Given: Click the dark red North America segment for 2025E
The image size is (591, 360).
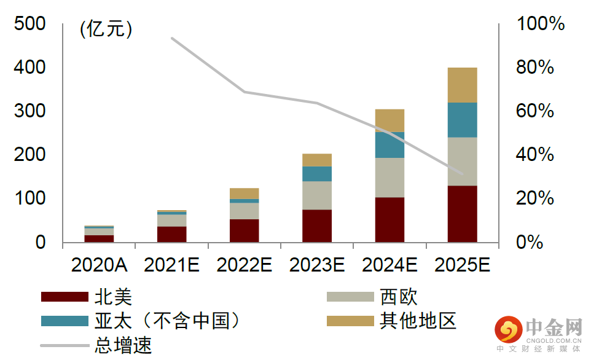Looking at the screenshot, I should [x=462, y=214].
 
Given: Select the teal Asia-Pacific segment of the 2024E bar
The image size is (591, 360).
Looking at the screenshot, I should [x=389, y=145].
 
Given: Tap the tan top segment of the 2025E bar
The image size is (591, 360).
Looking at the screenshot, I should [x=462, y=85].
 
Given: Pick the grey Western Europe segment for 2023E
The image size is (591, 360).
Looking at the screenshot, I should [x=317, y=195].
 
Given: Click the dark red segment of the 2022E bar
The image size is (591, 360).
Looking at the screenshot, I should [x=244, y=230].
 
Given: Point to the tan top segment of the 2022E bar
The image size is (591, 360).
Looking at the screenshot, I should [x=244, y=194].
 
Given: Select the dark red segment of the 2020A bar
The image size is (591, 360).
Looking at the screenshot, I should [x=99, y=238].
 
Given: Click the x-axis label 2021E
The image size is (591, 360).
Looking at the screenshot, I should [x=171, y=265].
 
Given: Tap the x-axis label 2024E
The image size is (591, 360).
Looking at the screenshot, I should [x=389, y=265].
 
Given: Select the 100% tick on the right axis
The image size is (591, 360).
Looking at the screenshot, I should [x=541, y=25].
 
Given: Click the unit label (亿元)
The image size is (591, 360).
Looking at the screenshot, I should [x=106, y=29].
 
